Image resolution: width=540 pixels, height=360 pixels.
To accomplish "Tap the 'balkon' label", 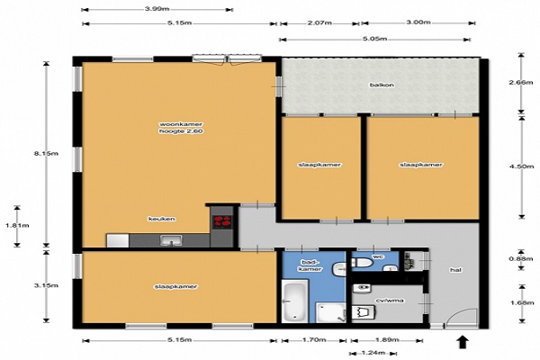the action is point(382,85).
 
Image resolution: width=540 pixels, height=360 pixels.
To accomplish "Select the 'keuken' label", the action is point(162,219).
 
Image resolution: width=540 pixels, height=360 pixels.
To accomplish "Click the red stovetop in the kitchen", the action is point(222,221).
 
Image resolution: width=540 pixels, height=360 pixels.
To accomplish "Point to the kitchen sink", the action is point(171,240).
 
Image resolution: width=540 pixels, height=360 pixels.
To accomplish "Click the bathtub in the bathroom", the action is point(295,301).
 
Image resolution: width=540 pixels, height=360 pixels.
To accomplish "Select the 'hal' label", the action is point(456,270).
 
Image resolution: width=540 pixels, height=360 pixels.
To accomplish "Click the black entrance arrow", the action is point(463,342).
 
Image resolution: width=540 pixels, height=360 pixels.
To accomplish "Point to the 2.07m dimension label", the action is point(319,23).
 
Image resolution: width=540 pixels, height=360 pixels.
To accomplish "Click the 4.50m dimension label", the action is point(521,166).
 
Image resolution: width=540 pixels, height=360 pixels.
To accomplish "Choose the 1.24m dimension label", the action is point(373,353).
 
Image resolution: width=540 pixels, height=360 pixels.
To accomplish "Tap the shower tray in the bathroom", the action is point(331,313).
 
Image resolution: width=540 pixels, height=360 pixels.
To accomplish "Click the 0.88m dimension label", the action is point(521,259).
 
